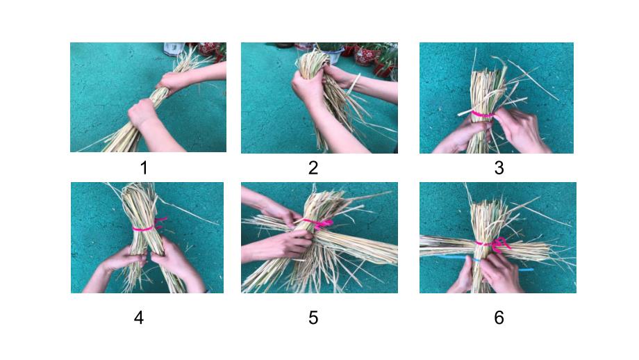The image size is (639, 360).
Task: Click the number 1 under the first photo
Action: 144,168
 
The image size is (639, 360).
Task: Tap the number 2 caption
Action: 313,168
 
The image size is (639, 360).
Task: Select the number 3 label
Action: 499,168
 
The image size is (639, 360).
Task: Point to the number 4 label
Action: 138,318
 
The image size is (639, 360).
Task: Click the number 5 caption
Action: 313,318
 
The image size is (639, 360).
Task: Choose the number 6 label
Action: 499,318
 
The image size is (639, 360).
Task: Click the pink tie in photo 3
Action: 482,115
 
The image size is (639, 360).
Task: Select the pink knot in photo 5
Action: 322,223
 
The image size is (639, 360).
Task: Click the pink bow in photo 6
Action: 498,244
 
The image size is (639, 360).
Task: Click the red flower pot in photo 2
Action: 365,55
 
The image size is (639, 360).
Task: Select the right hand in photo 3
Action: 517,129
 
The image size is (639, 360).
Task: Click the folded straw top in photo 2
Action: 313,61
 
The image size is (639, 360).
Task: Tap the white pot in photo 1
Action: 174,49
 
